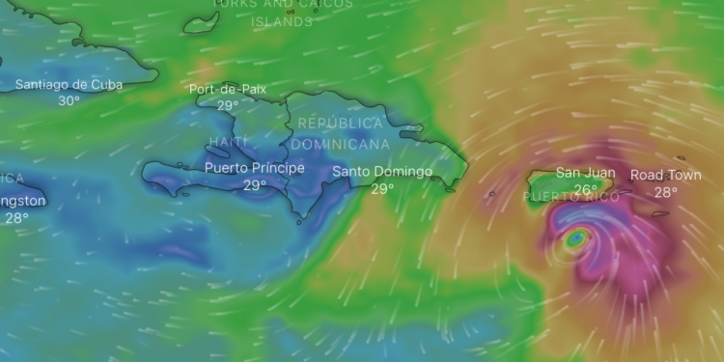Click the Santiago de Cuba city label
(x=69, y=85)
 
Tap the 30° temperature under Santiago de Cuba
(x=69, y=100)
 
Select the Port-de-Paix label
(x=228, y=90)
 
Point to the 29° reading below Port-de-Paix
(x=228, y=106)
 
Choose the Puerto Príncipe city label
(x=255, y=168)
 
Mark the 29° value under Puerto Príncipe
(x=255, y=185)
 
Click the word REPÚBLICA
(x=340, y=124)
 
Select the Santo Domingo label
(x=382, y=172)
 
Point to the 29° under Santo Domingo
(x=382, y=188)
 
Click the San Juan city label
(x=585, y=174)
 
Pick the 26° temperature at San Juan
(x=585, y=190)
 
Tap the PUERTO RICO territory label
(x=571, y=197)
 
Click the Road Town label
(x=666, y=176)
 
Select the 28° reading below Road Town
(x=666, y=192)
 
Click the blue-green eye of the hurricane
(x=575, y=237)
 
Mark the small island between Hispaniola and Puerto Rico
(x=492, y=193)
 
